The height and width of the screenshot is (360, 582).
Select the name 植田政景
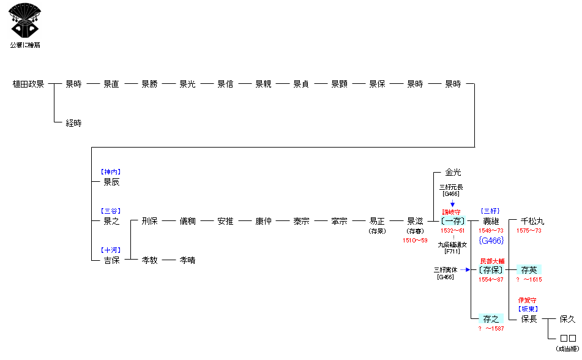[x=28, y=84]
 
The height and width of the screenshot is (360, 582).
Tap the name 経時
[x=73, y=123]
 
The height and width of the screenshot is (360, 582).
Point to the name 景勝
[x=149, y=84]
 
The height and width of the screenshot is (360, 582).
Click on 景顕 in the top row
[x=339, y=84]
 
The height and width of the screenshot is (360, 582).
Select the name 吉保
[x=111, y=260]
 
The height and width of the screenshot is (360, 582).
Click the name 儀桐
[x=187, y=221]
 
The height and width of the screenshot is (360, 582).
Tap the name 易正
[x=377, y=221]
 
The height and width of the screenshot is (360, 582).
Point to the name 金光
[x=453, y=173]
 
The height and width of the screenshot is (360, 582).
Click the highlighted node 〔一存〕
[x=453, y=221]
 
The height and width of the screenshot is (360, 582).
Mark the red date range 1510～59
[x=415, y=241]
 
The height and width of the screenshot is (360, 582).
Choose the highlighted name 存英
[x=529, y=269]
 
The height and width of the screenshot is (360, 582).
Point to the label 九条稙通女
[x=452, y=244]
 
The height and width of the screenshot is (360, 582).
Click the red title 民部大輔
[x=491, y=261]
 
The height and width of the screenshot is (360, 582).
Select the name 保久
[x=567, y=319]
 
